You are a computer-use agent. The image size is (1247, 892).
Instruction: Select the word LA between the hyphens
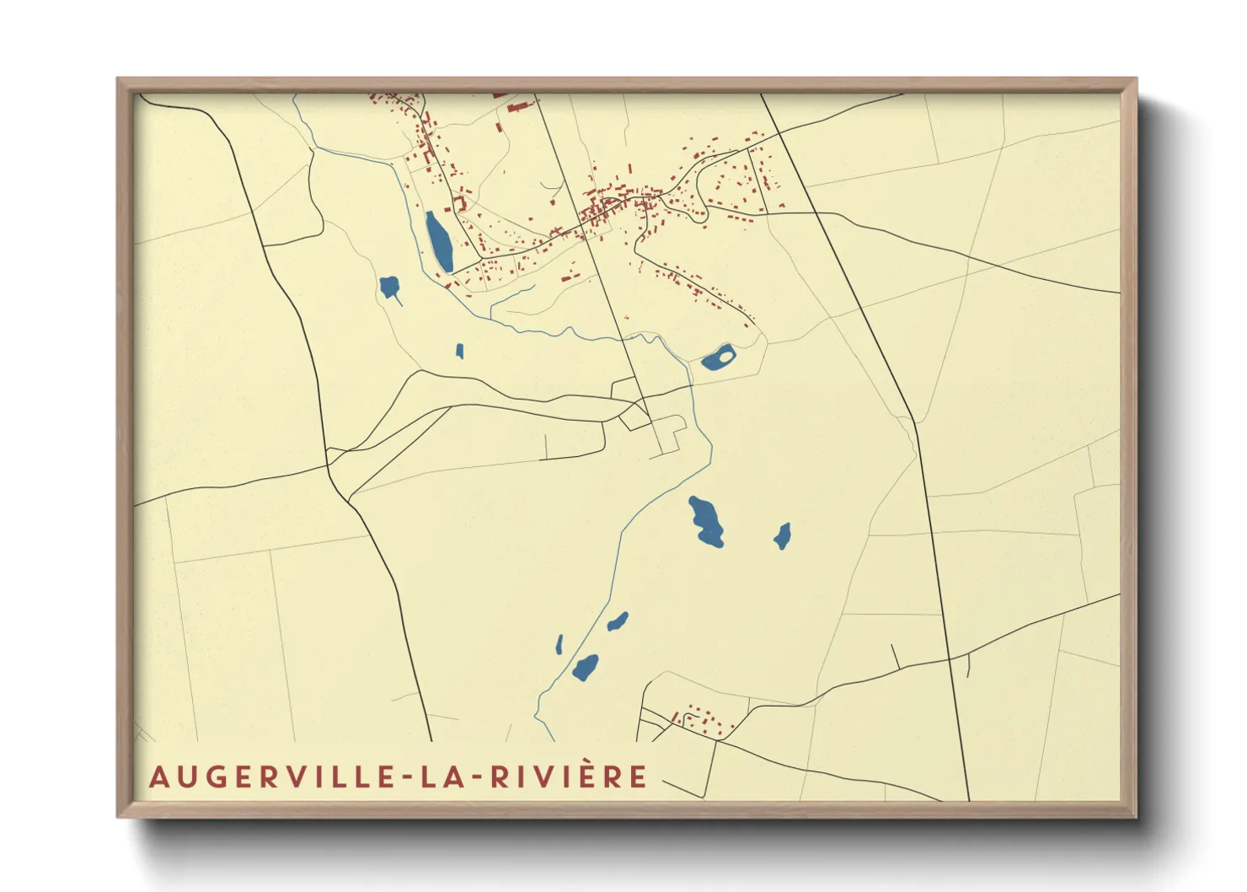[x=445, y=776]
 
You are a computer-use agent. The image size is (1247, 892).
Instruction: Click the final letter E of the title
[x=638, y=776]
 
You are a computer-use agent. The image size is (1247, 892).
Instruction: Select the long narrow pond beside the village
[x=438, y=242]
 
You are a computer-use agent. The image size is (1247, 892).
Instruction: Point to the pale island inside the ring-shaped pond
[x=725, y=357]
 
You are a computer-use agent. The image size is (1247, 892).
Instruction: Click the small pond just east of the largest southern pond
[x=782, y=536]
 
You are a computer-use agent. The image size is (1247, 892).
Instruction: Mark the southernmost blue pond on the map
[x=585, y=668]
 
